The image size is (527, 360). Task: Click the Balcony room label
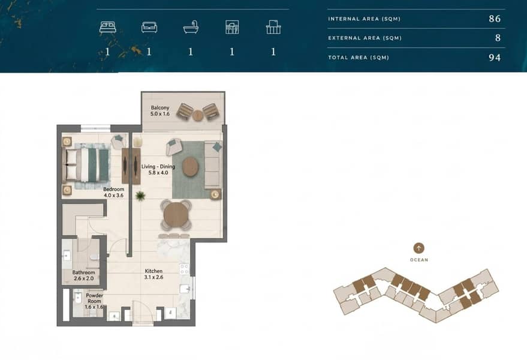tap(160, 107)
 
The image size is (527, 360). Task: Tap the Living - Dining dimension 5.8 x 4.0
tap(158, 173)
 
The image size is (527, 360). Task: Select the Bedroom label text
tap(113, 189)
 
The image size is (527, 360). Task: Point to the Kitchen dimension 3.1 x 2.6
tap(153, 277)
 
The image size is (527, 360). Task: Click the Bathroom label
tap(84, 272)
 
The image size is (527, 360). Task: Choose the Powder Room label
tap(95, 298)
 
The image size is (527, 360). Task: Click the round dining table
tap(176, 215)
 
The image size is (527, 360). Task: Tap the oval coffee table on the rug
tap(191, 167)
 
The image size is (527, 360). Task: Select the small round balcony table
tap(198, 115)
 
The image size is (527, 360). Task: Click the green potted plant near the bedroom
tap(140, 196)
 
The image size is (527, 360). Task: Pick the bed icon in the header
tap(107, 27)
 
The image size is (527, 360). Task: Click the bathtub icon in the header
tap(191, 27)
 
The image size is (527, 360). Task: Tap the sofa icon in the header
tap(149, 27)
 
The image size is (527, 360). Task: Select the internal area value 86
tap(495, 19)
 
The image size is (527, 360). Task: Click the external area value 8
tap(498, 38)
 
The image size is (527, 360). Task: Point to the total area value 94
tap(495, 58)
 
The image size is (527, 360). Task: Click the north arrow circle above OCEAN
tap(418, 248)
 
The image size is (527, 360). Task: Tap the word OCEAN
tap(419, 260)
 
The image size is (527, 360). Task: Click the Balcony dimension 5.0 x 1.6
tap(160, 114)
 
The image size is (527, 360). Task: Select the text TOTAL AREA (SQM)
tap(359, 58)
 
